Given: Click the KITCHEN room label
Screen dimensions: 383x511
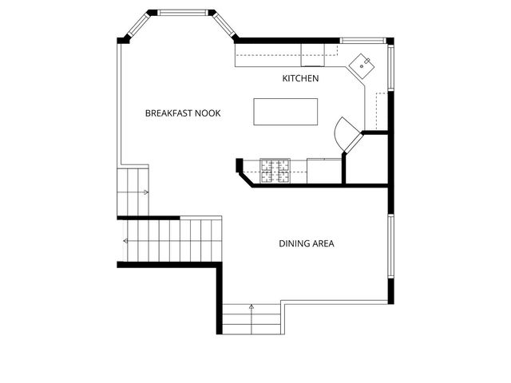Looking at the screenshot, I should [x=301, y=78].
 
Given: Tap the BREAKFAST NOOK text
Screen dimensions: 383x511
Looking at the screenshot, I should [x=182, y=113].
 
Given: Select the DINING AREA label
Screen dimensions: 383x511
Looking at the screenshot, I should [x=306, y=243].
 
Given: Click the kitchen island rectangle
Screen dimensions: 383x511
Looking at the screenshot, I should [x=285, y=111].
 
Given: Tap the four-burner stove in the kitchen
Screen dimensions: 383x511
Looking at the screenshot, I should [x=275, y=170].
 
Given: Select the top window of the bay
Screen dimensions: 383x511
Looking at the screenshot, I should [x=184, y=13].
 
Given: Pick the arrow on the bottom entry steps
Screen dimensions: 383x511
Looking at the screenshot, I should [x=252, y=306].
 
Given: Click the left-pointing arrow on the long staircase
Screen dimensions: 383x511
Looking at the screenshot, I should [x=126, y=240].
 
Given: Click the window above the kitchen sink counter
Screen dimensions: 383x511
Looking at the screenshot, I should [x=363, y=40].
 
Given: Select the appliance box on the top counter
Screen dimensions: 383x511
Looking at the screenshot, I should [x=313, y=54].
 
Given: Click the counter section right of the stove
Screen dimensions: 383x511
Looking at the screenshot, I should [x=324, y=170].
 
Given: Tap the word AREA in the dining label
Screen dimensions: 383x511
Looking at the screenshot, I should [x=321, y=243].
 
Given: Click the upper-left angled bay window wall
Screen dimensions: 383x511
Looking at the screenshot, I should [x=135, y=26].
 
